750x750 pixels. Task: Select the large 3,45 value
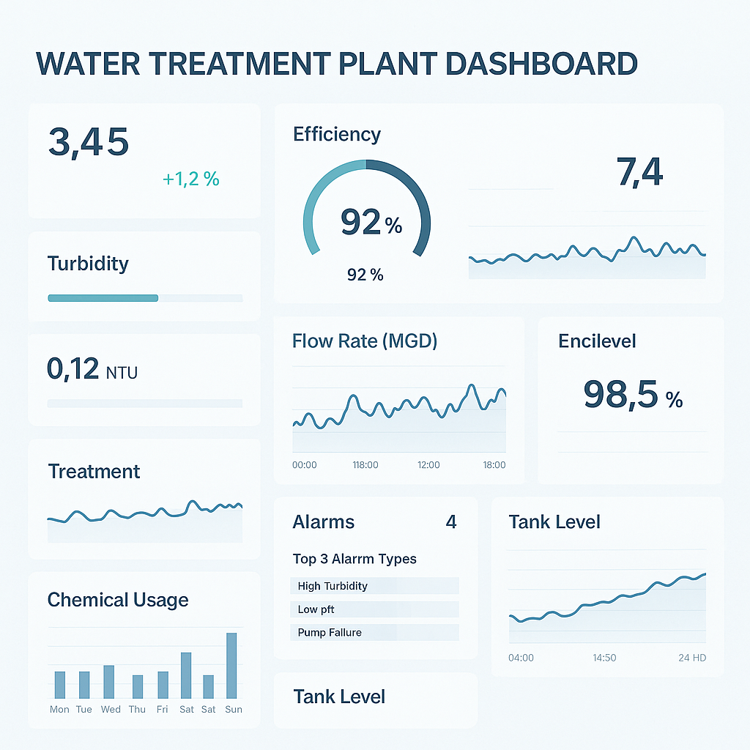[x=89, y=142]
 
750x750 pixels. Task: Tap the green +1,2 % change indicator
[x=191, y=179]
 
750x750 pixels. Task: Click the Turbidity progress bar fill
[x=103, y=298]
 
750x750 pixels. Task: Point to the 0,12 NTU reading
[x=92, y=369]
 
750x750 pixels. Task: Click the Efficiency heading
[x=337, y=134]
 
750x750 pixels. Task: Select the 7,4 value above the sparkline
[x=639, y=173]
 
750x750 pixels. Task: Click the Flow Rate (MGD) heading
[x=364, y=341]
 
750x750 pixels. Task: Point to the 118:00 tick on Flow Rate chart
[x=365, y=465]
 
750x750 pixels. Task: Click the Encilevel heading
[x=597, y=341]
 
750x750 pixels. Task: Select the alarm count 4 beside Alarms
[x=451, y=522]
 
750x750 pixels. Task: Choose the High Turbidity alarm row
[x=374, y=586]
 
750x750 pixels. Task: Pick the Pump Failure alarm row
[x=374, y=633]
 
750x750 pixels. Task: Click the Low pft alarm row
[x=374, y=609]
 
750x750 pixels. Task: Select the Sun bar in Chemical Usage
[x=231, y=665]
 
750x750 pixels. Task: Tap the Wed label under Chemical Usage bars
[x=111, y=710]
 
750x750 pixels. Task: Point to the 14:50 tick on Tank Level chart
[x=604, y=658]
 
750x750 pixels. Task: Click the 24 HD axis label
[x=692, y=658]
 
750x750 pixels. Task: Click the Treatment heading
[x=94, y=472]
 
